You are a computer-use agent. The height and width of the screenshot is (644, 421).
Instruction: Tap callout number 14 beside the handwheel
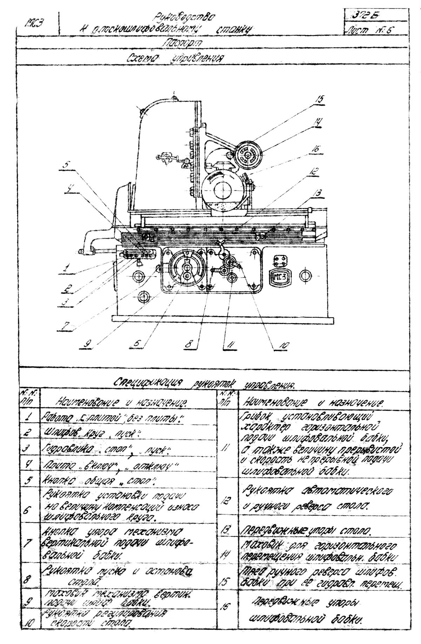pyautogui.click(x=318, y=122)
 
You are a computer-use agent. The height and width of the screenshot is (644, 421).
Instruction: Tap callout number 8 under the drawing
pyautogui.click(x=189, y=344)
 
